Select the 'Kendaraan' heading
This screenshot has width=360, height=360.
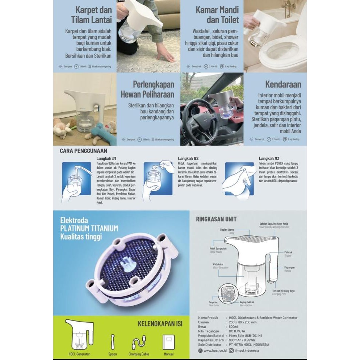click(x=283, y=84)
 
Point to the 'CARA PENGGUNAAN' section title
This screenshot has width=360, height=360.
click(x=83, y=151)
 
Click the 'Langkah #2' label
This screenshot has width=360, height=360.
click(x=188, y=159)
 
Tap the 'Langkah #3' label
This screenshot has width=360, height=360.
click(x=269, y=159)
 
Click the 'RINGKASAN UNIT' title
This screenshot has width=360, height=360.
click(x=216, y=219)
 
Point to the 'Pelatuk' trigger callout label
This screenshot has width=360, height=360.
click(x=288, y=252)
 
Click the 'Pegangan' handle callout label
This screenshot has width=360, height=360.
click(x=289, y=268)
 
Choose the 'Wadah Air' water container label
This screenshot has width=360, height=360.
click(x=218, y=265)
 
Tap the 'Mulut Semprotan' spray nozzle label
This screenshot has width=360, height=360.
click(x=218, y=249)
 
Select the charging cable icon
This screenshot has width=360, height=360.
click(x=139, y=342)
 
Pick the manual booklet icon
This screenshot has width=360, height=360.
click(x=168, y=342)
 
